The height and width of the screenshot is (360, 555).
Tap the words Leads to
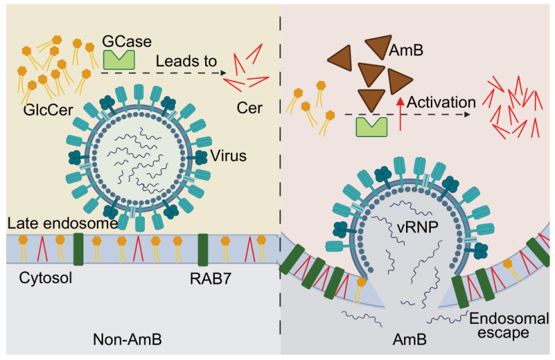(186, 61)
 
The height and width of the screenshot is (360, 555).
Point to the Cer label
(249, 108)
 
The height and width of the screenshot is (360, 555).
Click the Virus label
(229, 156)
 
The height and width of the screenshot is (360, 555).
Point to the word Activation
(441, 103)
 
